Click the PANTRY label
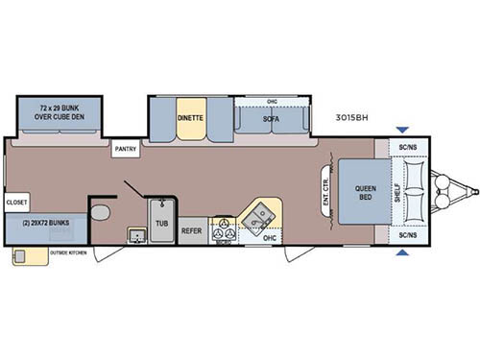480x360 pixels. (x=126, y=149)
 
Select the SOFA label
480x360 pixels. (x=271, y=118)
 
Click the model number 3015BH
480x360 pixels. (x=353, y=118)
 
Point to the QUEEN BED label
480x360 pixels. (x=365, y=191)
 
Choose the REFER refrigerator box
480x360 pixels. (x=192, y=230)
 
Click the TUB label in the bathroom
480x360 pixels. (x=161, y=220)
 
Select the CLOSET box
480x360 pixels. (x=16, y=203)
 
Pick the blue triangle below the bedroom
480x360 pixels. (x=403, y=253)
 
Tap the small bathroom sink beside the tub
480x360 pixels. (x=136, y=234)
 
